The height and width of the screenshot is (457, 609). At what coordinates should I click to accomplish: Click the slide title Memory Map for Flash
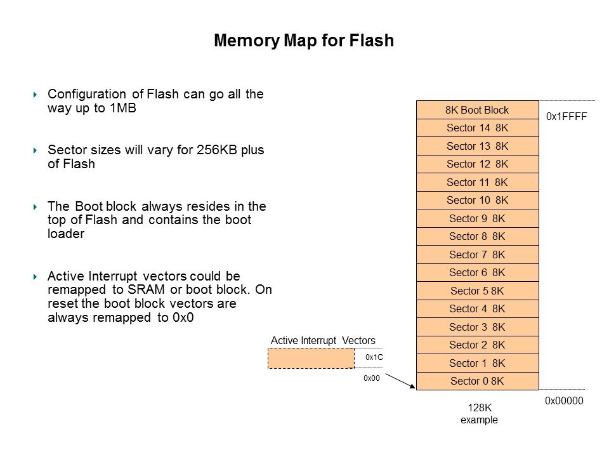click(x=304, y=41)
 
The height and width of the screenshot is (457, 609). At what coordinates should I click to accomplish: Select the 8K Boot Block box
click(x=477, y=110)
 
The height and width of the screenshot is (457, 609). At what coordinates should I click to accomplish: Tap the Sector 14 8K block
click(x=477, y=128)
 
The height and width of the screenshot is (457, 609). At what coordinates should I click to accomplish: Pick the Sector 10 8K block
click(x=477, y=201)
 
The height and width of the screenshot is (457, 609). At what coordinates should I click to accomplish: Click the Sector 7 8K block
click(x=477, y=255)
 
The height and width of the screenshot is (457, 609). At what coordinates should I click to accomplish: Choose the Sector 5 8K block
click(x=477, y=291)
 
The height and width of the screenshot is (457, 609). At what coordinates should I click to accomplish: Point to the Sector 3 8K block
click(x=477, y=328)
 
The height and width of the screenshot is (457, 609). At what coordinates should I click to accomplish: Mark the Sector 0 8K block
click(x=477, y=381)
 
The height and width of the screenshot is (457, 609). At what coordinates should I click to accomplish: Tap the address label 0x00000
click(x=563, y=401)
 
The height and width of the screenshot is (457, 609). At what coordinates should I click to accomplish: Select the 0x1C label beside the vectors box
click(x=374, y=357)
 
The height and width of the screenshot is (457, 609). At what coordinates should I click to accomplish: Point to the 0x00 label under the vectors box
click(x=371, y=378)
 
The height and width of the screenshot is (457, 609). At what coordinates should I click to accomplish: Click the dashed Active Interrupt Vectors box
click(x=311, y=358)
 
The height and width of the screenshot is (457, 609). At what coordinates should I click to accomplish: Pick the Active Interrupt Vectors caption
click(x=323, y=341)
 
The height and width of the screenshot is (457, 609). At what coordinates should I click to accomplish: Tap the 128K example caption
click(x=479, y=414)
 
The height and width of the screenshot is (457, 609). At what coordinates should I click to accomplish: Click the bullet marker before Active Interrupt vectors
click(x=36, y=277)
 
